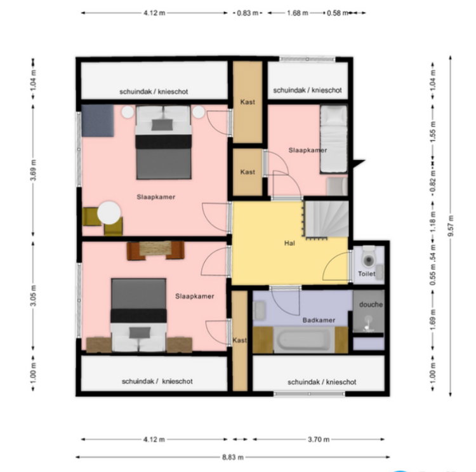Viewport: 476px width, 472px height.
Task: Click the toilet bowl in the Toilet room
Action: coord(369,257)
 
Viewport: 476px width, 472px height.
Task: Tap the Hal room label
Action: coord(289,243)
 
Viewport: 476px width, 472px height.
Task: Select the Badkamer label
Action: coord(319,320)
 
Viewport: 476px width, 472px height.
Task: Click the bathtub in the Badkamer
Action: coord(304,340)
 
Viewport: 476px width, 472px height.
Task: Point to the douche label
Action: coord(371,304)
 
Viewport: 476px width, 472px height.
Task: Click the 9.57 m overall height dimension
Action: coord(450,226)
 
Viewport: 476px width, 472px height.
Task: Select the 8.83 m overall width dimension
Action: coord(232,457)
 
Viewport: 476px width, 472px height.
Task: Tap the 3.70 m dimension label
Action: coord(319,439)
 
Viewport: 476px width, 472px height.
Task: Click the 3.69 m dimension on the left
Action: coord(33,170)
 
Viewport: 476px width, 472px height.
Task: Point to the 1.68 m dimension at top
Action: coord(297,13)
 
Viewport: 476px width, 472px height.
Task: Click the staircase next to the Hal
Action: coord(327,219)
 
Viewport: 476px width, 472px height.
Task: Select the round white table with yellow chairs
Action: coord(109,213)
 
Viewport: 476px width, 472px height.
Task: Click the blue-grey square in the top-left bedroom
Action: coord(98,120)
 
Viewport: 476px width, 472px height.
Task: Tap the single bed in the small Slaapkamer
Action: coord(334,139)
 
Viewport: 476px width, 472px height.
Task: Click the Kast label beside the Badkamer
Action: coord(239,340)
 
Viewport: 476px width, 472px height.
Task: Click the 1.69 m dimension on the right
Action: coord(433,319)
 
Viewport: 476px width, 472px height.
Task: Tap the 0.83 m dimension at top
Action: coord(248,13)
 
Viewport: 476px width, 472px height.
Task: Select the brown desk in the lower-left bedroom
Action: coord(155,250)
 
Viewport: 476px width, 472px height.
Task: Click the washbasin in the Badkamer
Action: coord(260,310)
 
